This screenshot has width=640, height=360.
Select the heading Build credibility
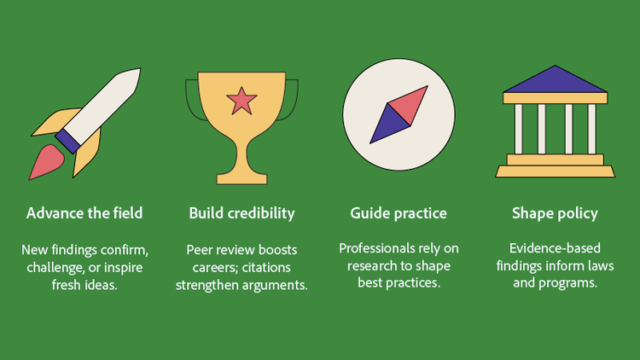(x=241, y=212)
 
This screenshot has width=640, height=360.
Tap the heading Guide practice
(x=399, y=212)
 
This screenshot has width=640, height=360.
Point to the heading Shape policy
(x=555, y=212)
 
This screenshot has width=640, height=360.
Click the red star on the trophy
(x=241, y=102)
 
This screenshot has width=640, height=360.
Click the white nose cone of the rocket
(x=125, y=82)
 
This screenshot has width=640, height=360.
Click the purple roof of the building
(x=555, y=80)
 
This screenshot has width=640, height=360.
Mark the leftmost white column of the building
(x=518, y=129)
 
